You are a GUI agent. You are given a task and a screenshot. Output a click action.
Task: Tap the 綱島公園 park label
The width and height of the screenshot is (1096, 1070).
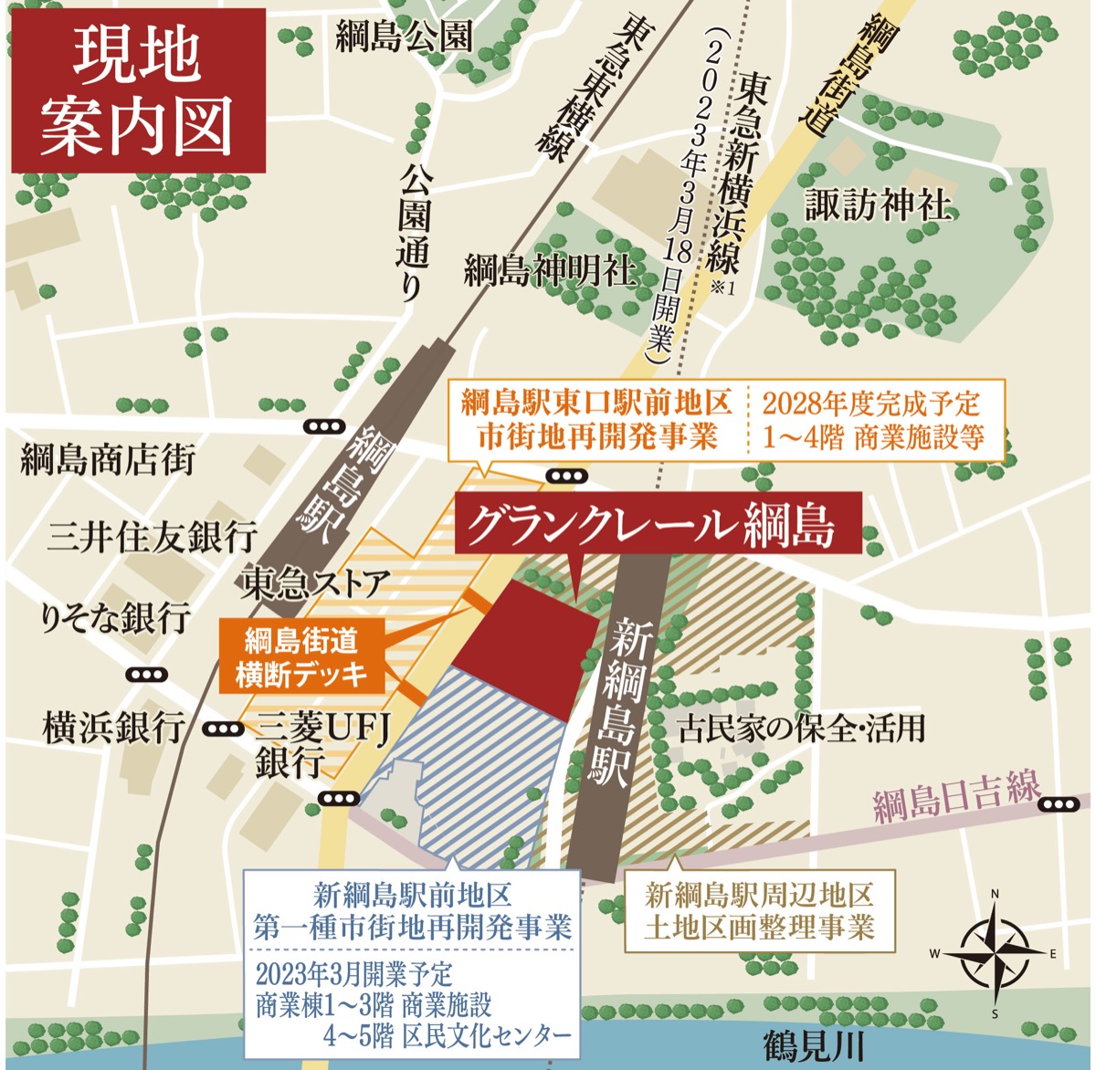[x=405, y=37]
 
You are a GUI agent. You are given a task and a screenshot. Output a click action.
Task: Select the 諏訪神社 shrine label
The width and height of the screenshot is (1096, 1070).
[x=878, y=205]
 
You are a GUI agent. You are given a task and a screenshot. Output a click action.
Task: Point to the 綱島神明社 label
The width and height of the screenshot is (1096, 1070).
[x=549, y=269]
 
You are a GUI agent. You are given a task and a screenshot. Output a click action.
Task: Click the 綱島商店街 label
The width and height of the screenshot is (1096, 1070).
[x=109, y=460]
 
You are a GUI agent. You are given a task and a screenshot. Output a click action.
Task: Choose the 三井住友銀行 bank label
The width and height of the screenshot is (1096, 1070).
[x=152, y=537]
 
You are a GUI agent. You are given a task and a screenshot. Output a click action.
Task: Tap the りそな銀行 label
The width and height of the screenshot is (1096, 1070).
[x=114, y=618]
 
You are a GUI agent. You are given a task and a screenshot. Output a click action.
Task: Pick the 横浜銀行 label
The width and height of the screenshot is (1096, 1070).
[x=112, y=729]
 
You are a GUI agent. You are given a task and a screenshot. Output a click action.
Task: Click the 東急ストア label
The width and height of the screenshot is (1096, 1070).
[x=316, y=582]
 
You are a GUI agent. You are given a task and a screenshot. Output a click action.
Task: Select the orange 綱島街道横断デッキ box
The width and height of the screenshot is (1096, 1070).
[x=301, y=656]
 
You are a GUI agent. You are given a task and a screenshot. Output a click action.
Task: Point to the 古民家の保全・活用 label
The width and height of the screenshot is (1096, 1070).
[x=801, y=728]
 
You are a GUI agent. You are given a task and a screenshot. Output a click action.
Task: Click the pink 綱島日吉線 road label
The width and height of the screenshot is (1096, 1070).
[x=955, y=797]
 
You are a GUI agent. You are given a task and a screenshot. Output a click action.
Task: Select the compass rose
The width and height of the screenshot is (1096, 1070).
[x=994, y=953]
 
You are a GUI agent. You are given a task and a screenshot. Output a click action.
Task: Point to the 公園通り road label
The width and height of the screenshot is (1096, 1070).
[x=413, y=232]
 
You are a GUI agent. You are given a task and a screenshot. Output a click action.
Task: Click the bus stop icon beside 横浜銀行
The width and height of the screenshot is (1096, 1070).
[x=224, y=729]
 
